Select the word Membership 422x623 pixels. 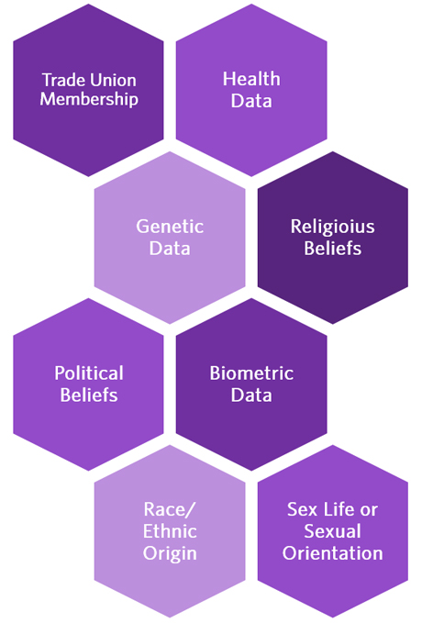[89, 99]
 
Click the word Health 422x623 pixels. [251, 79]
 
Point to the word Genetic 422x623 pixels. [170, 227]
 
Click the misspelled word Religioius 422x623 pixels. [333, 227]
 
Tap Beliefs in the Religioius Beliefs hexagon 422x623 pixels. [333, 249]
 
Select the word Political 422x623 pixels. [89, 373]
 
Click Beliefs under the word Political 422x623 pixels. [89, 395]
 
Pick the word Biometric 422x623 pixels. [251, 373]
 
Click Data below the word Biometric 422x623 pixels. [251, 395]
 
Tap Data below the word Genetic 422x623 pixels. [170, 249]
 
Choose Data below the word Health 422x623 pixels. [251, 101]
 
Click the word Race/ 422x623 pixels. [170, 510]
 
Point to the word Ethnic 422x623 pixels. [170, 531]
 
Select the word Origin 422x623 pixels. [170, 553]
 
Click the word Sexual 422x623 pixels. [333, 531]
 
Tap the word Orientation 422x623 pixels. [333, 553]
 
